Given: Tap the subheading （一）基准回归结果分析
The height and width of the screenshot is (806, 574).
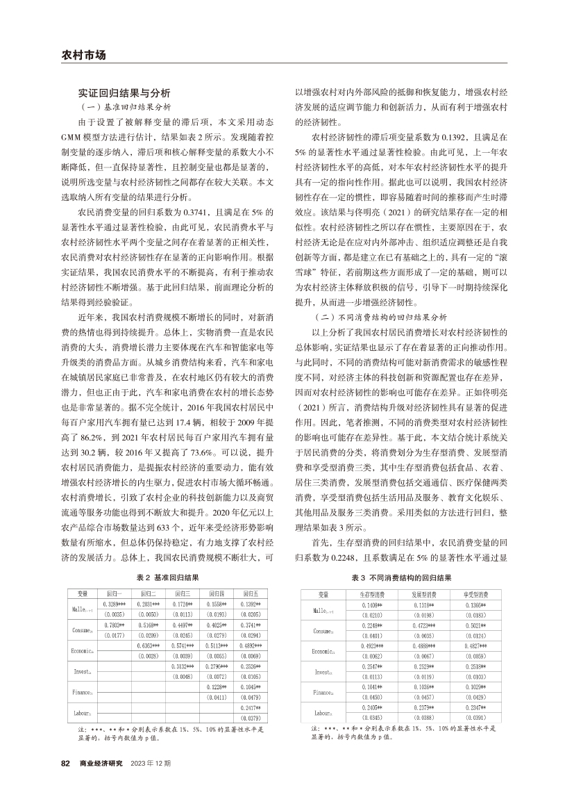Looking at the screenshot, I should (125, 107).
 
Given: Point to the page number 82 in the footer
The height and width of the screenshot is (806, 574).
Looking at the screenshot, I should (66, 763).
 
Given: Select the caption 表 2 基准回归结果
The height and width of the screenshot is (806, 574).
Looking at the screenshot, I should (167, 577).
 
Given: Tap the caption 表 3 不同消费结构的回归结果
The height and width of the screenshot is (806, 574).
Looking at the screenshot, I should (400, 577).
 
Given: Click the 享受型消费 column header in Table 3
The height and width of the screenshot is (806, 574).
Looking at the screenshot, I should (476, 595).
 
